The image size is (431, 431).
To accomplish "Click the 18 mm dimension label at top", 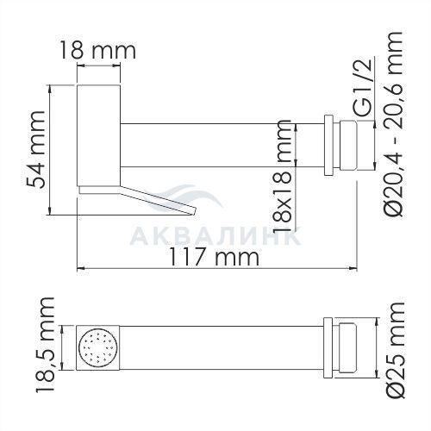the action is [98, 51].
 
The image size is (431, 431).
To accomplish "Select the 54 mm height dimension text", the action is [36, 149].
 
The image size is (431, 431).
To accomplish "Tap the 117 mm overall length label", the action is [214, 257].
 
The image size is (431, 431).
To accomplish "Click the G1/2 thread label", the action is [365, 88].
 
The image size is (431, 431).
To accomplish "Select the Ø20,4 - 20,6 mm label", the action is [394, 124].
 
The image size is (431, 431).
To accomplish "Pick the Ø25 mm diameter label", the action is [395, 350].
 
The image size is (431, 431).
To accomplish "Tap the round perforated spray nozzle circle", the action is [97, 347].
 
